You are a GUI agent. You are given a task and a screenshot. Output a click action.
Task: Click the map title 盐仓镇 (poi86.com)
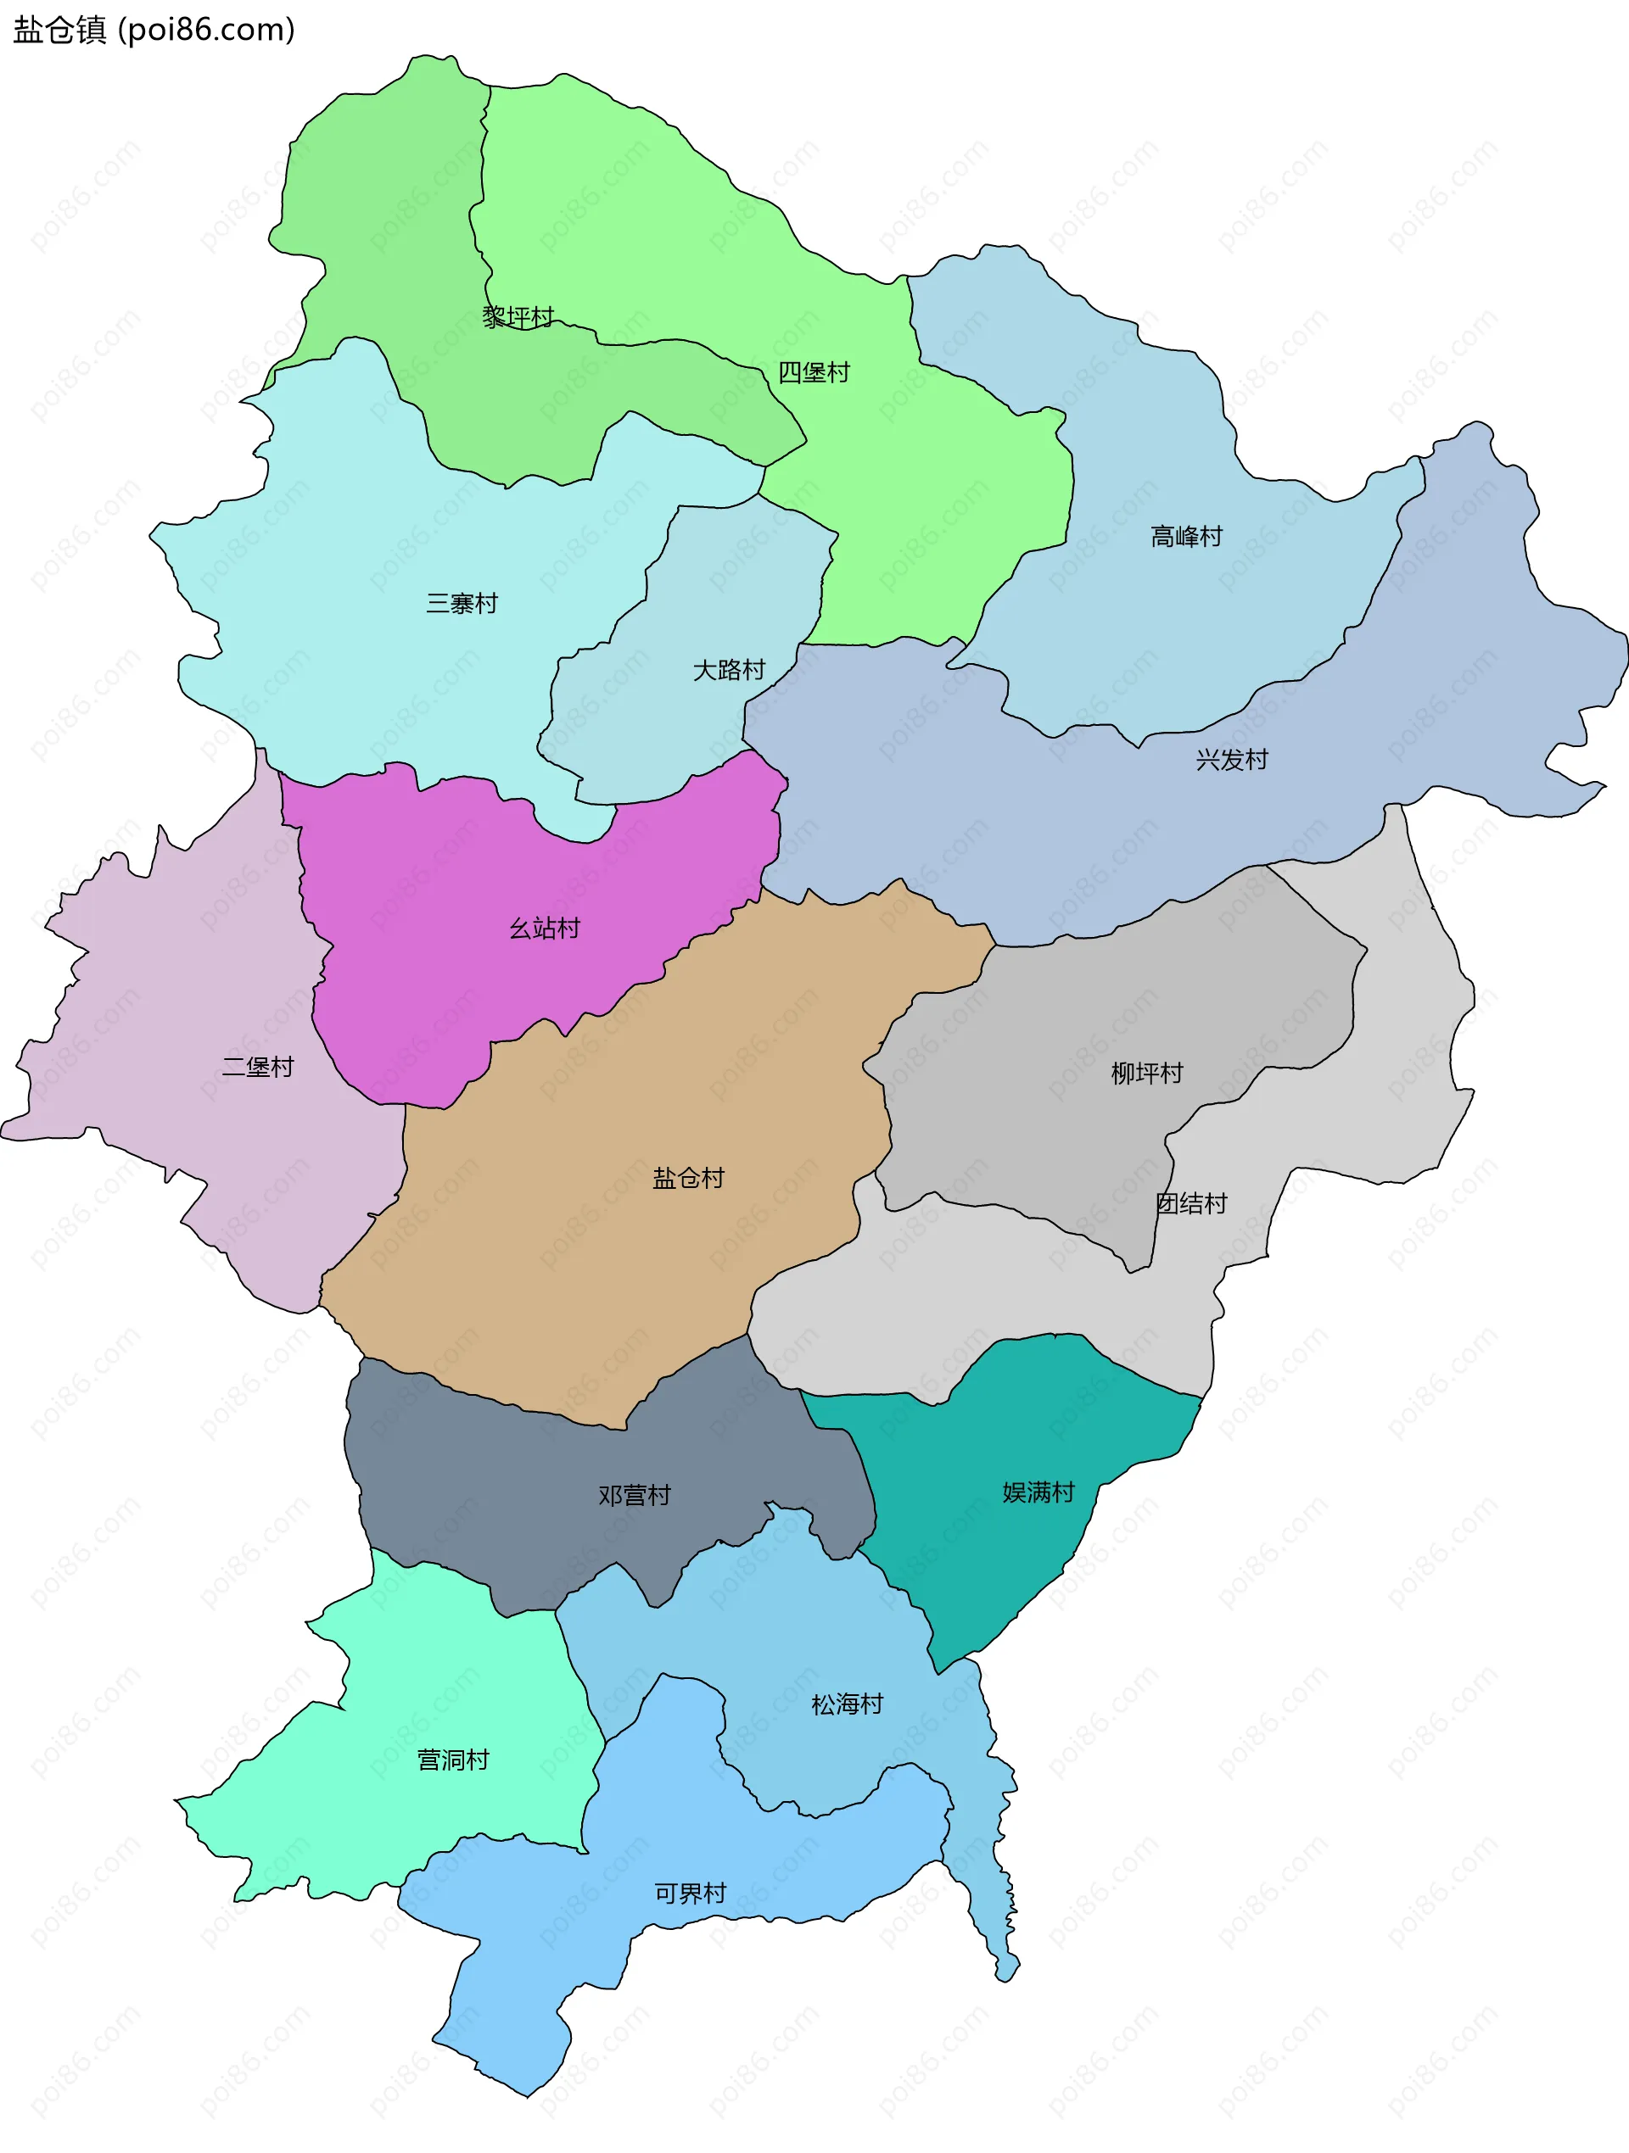click(154, 31)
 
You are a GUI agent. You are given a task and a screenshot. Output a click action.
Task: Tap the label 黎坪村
click(518, 316)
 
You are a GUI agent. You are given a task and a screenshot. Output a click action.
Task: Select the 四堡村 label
click(814, 371)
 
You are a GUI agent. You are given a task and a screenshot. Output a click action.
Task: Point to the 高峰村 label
click(1186, 536)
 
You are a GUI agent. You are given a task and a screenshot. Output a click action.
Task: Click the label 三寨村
click(462, 604)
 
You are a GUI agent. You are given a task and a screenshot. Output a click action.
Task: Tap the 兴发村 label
click(1232, 759)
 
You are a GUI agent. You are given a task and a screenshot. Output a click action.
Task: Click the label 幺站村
click(545, 929)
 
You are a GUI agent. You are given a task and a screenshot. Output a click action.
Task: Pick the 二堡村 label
click(257, 1067)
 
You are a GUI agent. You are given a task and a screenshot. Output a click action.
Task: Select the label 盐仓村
click(688, 1178)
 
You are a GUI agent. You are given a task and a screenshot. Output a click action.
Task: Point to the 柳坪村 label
click(1147, 1073)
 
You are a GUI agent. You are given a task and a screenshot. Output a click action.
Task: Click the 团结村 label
click(1191, 1203)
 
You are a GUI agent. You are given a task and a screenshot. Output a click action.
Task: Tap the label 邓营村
click(634, 1495)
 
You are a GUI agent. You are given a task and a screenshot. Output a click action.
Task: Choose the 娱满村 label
click(1038, 1492)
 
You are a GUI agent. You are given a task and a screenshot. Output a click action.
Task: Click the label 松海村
click(847, 1704)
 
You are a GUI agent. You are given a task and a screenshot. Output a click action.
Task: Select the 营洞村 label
click(453, 1760)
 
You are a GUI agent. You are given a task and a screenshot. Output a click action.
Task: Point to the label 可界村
click(691, 1894)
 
